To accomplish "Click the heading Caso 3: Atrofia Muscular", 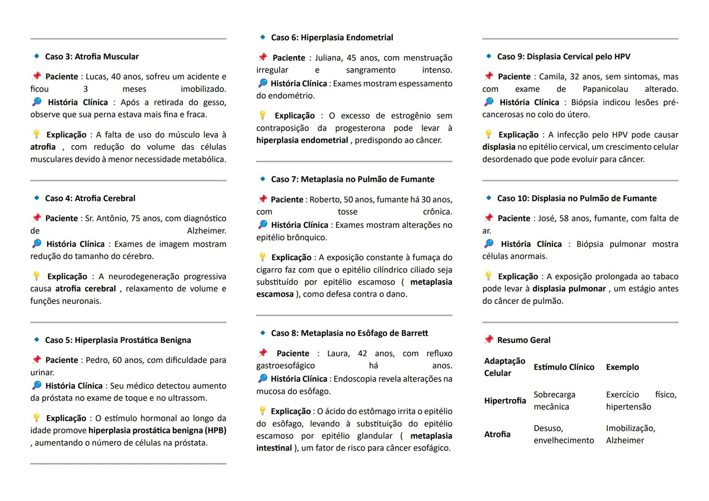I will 91,57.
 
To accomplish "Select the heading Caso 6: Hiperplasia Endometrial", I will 332,38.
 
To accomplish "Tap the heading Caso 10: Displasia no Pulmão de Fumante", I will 576,199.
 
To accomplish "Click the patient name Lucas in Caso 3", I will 96,77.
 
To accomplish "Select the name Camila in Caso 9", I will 552,77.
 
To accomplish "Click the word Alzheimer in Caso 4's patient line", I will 206,231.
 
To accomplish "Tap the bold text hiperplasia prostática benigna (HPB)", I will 157,430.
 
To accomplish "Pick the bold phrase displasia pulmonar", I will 569,289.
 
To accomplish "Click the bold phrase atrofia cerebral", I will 85,289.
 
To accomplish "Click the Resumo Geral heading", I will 523,340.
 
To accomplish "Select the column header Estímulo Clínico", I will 564,367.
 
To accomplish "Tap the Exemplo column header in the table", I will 622,367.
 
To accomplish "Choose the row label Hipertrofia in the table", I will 505,401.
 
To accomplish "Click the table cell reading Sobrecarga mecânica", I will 554,401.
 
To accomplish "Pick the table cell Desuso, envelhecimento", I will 563,434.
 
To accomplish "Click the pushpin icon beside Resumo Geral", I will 488,340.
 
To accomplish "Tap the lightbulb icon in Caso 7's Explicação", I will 262,257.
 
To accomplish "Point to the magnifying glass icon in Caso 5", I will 37,385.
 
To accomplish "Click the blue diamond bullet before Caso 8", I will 263,333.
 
